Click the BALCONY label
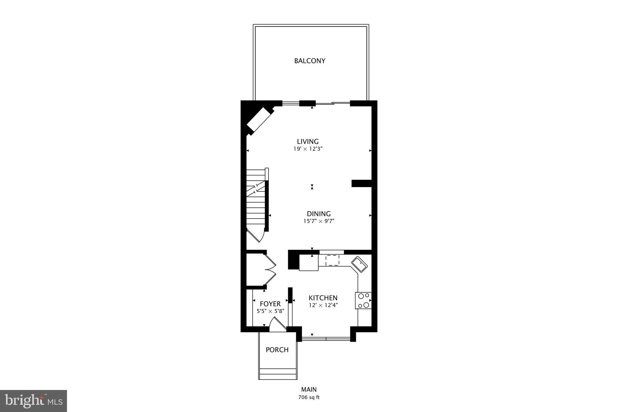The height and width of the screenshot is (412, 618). point(310,61)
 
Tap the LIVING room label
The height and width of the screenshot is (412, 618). point(307,142)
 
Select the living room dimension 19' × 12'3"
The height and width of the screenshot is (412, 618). point(308,149)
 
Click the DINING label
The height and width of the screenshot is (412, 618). point(319,214)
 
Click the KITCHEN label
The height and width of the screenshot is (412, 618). point(323,298)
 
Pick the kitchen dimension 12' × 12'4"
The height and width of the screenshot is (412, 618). point(323,305)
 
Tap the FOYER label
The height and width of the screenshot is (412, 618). point(270,304)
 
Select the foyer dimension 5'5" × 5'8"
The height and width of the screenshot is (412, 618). point(270,311)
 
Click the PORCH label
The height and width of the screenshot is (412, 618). point(277,350)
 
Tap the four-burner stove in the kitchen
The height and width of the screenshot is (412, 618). point(363,301)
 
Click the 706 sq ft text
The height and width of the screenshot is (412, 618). point(309,397)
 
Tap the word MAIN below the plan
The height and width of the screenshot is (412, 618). point(309,390)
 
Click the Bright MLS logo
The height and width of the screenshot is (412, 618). point(33,401)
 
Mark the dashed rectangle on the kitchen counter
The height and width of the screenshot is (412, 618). point(332,260)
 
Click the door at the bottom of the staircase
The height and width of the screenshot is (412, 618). point(256,235)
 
